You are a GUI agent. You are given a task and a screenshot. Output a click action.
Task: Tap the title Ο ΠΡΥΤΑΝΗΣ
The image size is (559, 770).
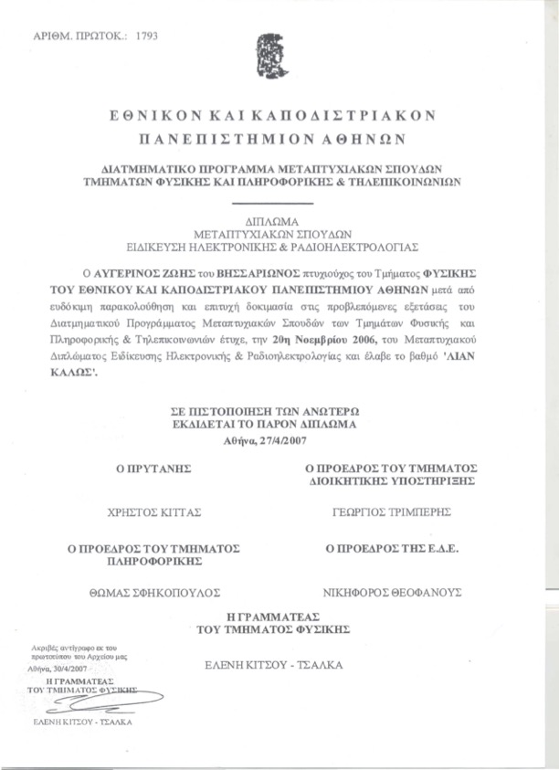pos(152,468)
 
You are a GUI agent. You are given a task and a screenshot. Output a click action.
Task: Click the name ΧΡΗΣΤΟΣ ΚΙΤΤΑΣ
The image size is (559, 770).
pos(153,512)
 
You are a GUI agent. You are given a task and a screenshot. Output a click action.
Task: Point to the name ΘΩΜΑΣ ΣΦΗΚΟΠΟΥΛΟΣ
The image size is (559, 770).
pos(153,592)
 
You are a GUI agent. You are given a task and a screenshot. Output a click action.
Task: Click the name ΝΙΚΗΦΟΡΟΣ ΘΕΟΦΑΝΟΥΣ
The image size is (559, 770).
pos(394,592)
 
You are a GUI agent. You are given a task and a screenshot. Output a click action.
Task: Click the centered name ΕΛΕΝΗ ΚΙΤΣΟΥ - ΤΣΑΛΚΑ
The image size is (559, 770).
pos(274,664)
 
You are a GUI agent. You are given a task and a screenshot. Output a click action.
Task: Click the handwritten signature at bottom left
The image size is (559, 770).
pos(100,701)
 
